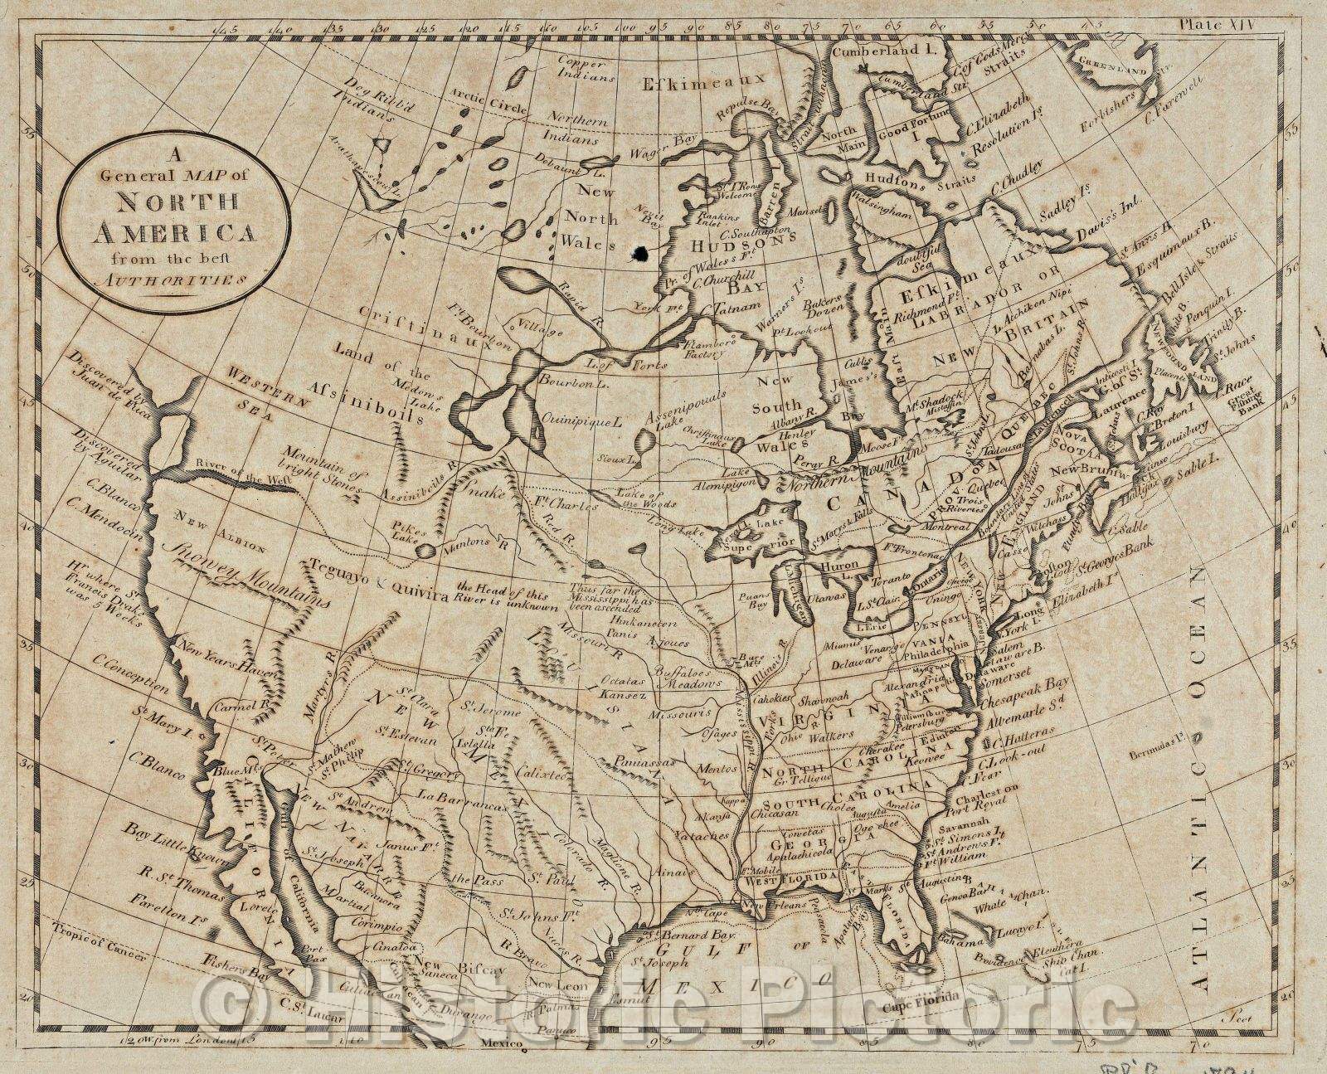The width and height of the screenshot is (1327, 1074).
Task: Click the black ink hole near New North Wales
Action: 639,252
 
